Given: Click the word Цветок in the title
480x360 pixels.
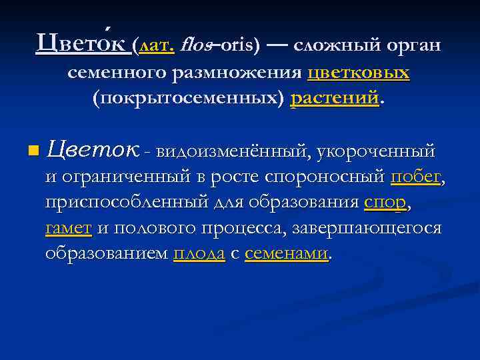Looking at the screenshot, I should point(82,45).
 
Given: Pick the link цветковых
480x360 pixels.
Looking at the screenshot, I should point(359,73).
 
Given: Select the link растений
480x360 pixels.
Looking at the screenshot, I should point(335,99).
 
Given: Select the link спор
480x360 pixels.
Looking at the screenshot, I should point(385,203).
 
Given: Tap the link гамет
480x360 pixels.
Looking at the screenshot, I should point(68,228).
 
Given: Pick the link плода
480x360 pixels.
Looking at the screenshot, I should point(198,253).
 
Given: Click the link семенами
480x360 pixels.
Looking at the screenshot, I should point(286,253).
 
